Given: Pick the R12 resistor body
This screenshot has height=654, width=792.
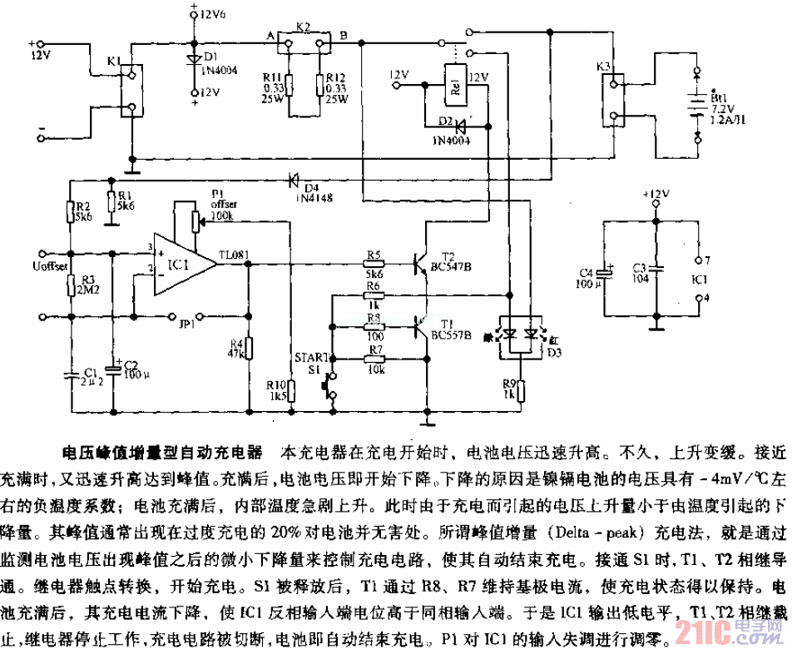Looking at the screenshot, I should pyautogui.click(x=319, y=85).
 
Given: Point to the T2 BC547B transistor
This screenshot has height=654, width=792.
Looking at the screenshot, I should pyautogui.click(x=421, y=263).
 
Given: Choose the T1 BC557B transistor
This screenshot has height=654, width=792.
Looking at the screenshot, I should pyautogui.click(x=421, y=327).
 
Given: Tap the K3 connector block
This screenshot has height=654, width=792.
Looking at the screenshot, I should pyautogui.click(x=612, y=100).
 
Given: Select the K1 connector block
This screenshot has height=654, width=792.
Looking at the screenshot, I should pyautogui.click(x=130, y=91).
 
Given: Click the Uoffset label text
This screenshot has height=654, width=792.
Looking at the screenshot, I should pyautogui.click(x=51, y=265).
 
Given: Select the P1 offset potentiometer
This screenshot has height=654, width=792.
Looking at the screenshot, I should pyautogui.click(x=196, y=220).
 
